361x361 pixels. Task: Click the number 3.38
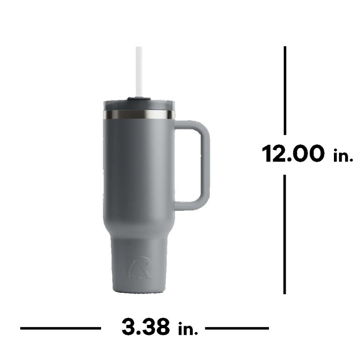click(x=146, y=327)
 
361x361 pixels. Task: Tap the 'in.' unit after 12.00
click(x=342, y=156)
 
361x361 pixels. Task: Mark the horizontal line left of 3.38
click(x=60, y=329)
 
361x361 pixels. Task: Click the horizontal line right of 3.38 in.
click(x=237, y=329)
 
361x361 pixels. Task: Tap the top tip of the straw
click(x=139, y=48)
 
